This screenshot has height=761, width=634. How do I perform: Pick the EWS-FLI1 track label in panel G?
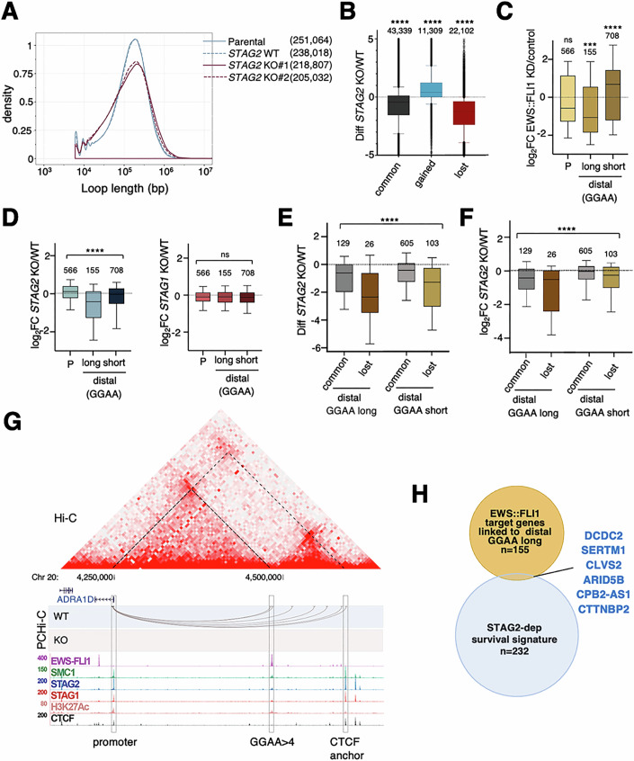coord(76,661)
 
